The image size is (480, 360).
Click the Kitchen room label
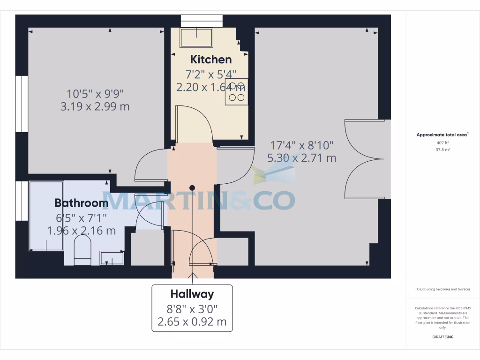pos(210,60)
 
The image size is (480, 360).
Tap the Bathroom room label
pos(81,203)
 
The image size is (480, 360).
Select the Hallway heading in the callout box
pos(192,294)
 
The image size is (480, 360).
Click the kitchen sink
pos(196,37)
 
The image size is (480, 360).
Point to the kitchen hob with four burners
pos(236,92)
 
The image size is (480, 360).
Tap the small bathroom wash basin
pos(112,258)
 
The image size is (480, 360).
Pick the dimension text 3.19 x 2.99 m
pos(95,106)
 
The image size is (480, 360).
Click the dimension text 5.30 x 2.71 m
pos(301,158)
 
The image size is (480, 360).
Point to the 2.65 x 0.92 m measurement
pos(192,322)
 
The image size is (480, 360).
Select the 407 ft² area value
pos(442,142)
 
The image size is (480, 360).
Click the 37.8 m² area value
pos(442,150)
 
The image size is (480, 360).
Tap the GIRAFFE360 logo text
pos(442,337)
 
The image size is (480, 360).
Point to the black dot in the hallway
pos(192,187)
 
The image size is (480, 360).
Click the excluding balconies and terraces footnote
pos(442,289)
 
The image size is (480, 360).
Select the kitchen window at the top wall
pos(202,21)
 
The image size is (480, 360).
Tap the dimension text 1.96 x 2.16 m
pos(81,230)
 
